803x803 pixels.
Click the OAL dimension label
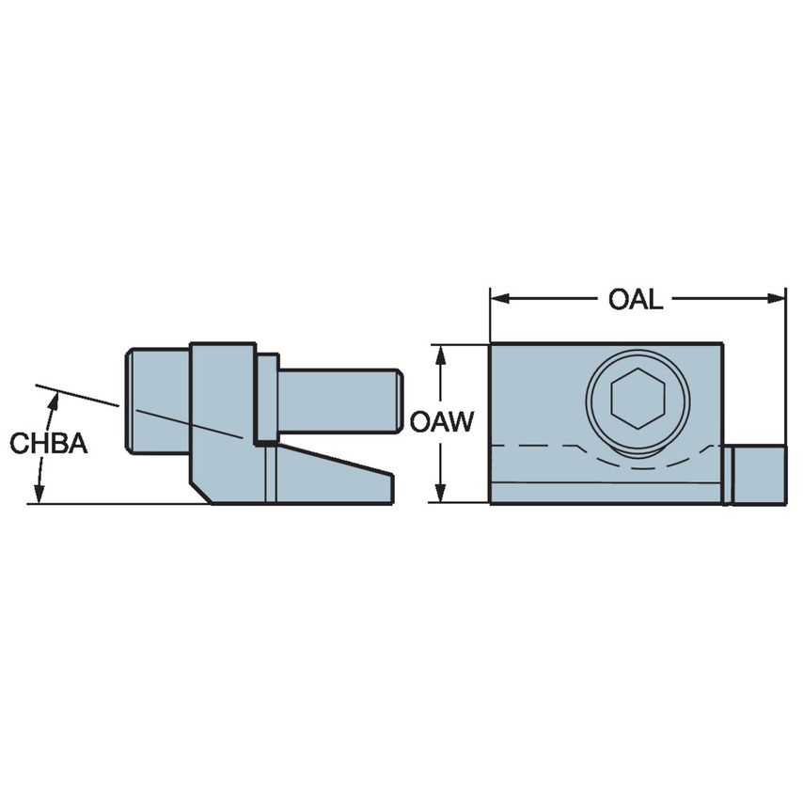click(636, 300)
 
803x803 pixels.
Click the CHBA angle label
click(49, 444)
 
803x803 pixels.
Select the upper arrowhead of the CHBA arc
click(54, 399)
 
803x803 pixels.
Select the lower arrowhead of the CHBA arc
click(39, 496)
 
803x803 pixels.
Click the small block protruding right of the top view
click(758, 475)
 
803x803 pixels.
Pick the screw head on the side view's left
click(158, 401)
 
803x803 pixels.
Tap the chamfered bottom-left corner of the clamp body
click(198, 492)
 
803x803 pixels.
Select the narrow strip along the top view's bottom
click(606, 493)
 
